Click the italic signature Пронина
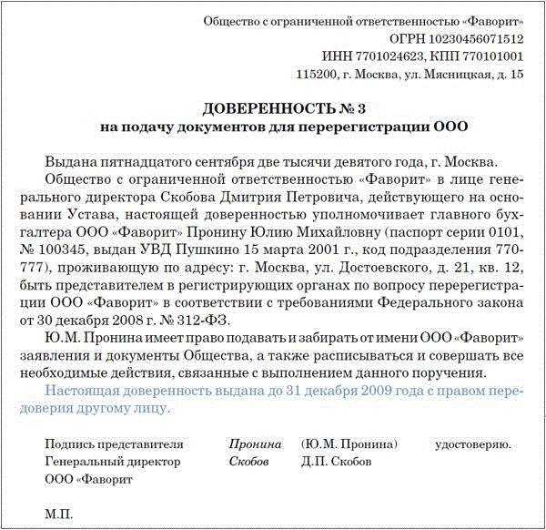click(255, 444)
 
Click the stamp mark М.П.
click(57, 514)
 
